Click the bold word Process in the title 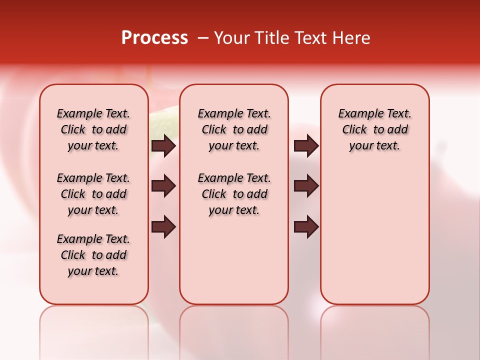pyautogui.click(x=154, y=38)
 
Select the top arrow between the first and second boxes pyautogui.click(x=163, y=146)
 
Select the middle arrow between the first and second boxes pyautogui.click(x=163, y=186)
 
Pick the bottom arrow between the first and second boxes pyautogui.click(x=163, y=227)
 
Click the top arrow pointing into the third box pyautogui.click(x=306, y=146)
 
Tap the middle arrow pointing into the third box pyautogui.click(x=306, y=186)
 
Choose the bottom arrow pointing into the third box pyautogui.click(x=306, y=227)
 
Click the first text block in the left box pyautogui.click(x=93, y=129)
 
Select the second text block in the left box pyautogui.click(x=93, y=194)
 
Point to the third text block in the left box pyautogui.click(x=93, y=255)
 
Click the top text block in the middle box pyautogui.click(x=234, y=129)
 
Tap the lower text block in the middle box pyautogui.click(x=234, y=194)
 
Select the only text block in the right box pyautogui.click(x=375, y=129)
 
